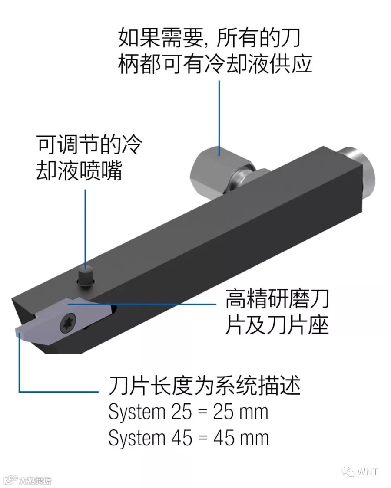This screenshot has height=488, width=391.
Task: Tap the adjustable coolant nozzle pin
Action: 86,276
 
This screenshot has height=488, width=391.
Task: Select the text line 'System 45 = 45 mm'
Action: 189,438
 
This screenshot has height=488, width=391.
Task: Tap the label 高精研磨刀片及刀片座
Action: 277,312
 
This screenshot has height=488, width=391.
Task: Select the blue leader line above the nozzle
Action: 86,226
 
